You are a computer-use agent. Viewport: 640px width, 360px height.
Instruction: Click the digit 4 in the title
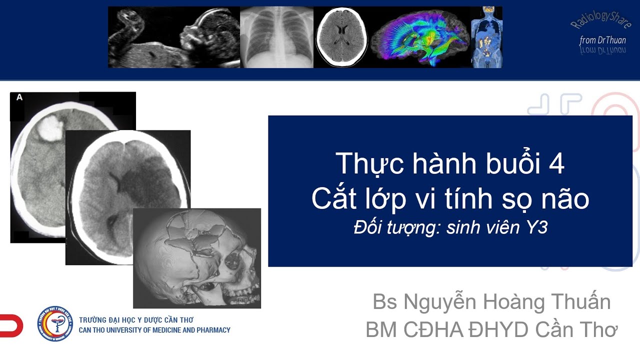tap(556, 163)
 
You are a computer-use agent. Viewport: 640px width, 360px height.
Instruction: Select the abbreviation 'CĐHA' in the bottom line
tap(433, 329)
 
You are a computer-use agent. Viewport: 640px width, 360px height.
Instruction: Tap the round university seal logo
tap(55, 323)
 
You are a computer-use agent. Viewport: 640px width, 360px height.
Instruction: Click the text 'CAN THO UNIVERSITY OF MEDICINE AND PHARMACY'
tap(154, 330)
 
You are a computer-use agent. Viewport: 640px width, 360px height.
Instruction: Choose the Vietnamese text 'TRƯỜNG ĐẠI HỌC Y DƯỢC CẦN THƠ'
tap(136, 319)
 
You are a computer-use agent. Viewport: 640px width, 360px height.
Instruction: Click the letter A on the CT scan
tap(19, 97)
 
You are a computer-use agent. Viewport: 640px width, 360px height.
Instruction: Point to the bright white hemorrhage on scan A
tap(50, 127)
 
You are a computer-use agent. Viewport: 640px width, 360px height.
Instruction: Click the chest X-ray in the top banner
tap(276, 37)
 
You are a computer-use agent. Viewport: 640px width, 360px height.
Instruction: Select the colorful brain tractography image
tap(420, 37)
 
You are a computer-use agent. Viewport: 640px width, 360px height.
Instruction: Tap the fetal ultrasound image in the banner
tap(174, 37)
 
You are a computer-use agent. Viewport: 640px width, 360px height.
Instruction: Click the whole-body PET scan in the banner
tap(486, 37)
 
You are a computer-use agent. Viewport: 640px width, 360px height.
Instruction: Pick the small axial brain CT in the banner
tap(342, 36)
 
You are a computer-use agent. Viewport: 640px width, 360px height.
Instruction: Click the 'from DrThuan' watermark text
tap(602, 40)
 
